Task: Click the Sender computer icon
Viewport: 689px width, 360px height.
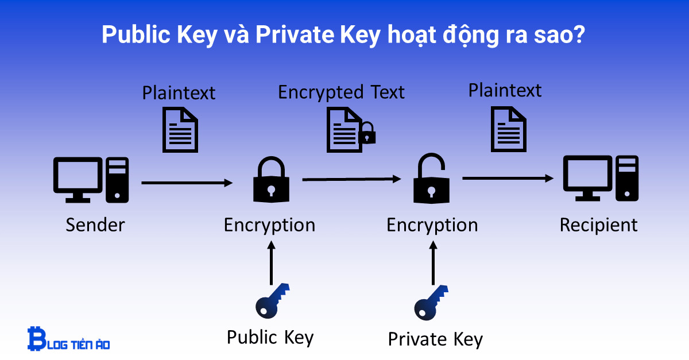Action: tap(91, 179)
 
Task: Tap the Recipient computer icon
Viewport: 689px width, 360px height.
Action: tap(599, 178)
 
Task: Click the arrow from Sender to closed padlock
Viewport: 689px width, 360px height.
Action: tap(187, 183)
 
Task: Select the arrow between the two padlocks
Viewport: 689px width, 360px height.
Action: tap(351, 180)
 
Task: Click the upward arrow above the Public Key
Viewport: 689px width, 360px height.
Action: tap(272, 262)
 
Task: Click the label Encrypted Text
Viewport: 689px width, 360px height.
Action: tap(341, 92)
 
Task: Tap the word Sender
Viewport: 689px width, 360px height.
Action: tap(95, 224)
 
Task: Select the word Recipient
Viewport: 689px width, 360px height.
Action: tap(598, 224)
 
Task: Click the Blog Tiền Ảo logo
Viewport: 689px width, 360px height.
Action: tap(68, 339)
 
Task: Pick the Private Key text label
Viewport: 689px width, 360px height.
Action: tap(435, 339)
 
